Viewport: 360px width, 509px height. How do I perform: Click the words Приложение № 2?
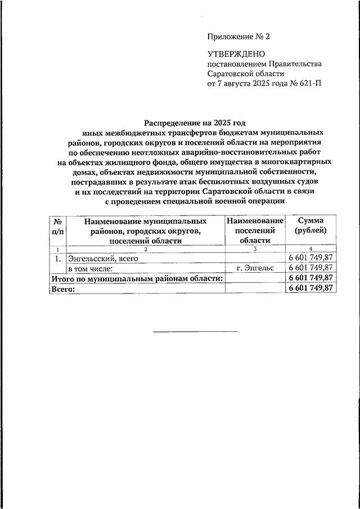pyautogui.click(x=239, y=38)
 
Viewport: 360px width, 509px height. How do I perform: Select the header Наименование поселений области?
pyautogui.click(x=255, y=230)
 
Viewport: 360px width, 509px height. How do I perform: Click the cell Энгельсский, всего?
pyautogui.click(x=103, y=258)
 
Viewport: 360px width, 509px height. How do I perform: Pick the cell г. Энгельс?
pyautogui.click(x=255, y=268)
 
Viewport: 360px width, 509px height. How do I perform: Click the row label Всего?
pyautogui.click(x=62, y=287)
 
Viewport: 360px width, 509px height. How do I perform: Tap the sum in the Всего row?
pyautogui.click(x=311, y=287)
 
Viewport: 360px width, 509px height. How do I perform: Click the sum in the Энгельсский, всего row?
pyautogui.click(x=311, y=258)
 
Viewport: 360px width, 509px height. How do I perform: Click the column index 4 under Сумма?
pyautogui.click(x=311, y=249)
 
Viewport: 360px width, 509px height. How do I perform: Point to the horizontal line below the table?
pyautogui.click(x=196, y=330)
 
